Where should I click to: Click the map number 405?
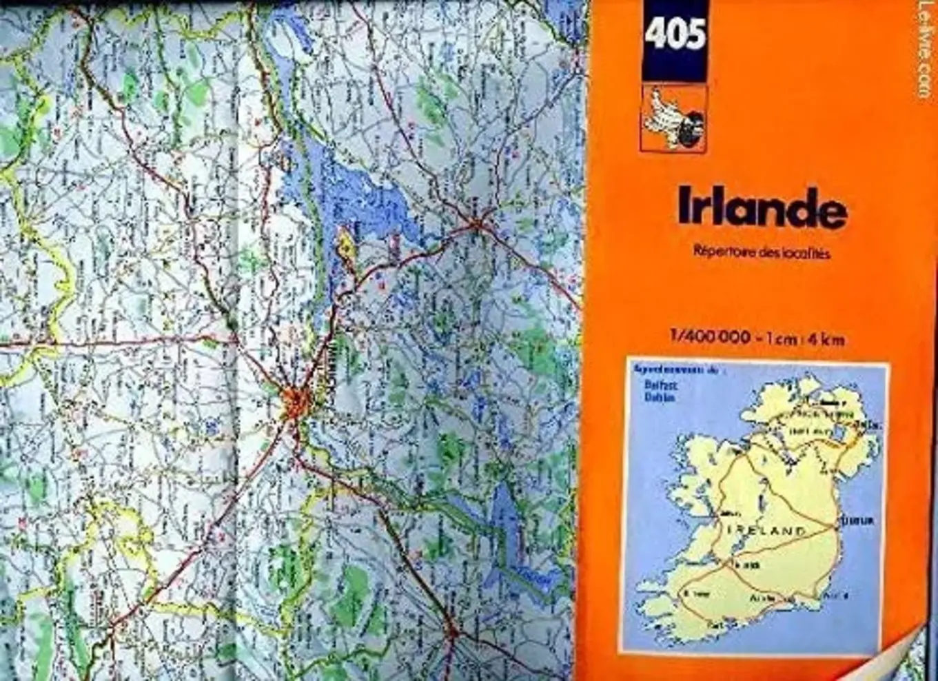(675, 34)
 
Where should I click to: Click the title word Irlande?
(761, 207)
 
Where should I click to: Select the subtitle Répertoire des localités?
(762, 253)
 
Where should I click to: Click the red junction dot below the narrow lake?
(451, 631)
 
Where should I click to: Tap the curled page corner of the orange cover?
(903, 651)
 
